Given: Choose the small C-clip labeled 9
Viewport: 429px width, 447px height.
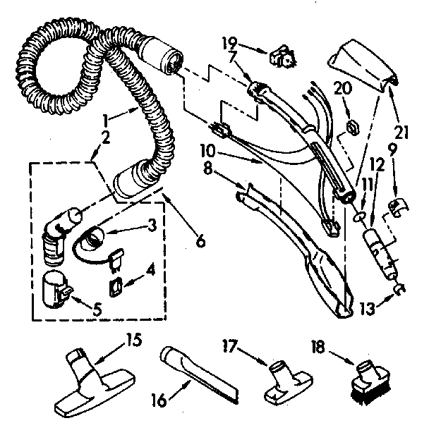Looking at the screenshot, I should click(x=397, y=206).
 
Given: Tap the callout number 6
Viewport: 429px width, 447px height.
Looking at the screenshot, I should click(x=202, y=240).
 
